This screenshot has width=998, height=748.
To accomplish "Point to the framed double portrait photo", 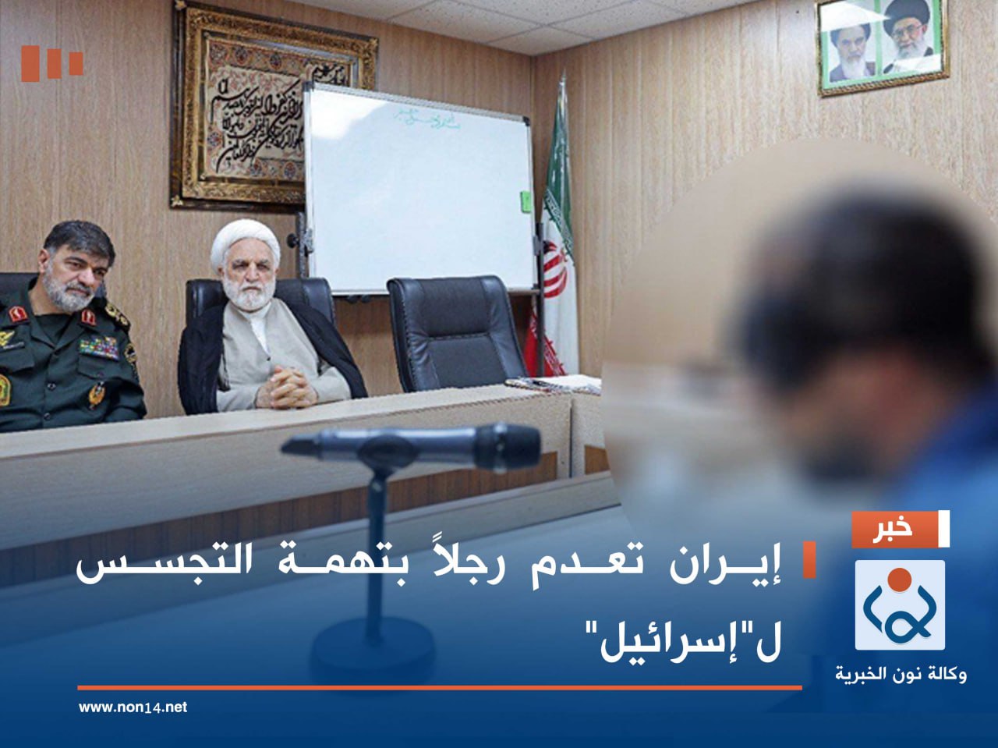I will pos(882,45).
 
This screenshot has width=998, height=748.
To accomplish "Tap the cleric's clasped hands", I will pos(285,387).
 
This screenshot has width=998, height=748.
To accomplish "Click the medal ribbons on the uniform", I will pos(99,346).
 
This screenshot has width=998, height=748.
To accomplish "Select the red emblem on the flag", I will pos(554,269).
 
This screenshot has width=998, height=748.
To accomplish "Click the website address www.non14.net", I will pos(133,707).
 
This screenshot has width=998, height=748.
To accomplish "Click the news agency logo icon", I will pos(899,605).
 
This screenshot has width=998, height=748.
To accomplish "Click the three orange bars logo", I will pos(51,63).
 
